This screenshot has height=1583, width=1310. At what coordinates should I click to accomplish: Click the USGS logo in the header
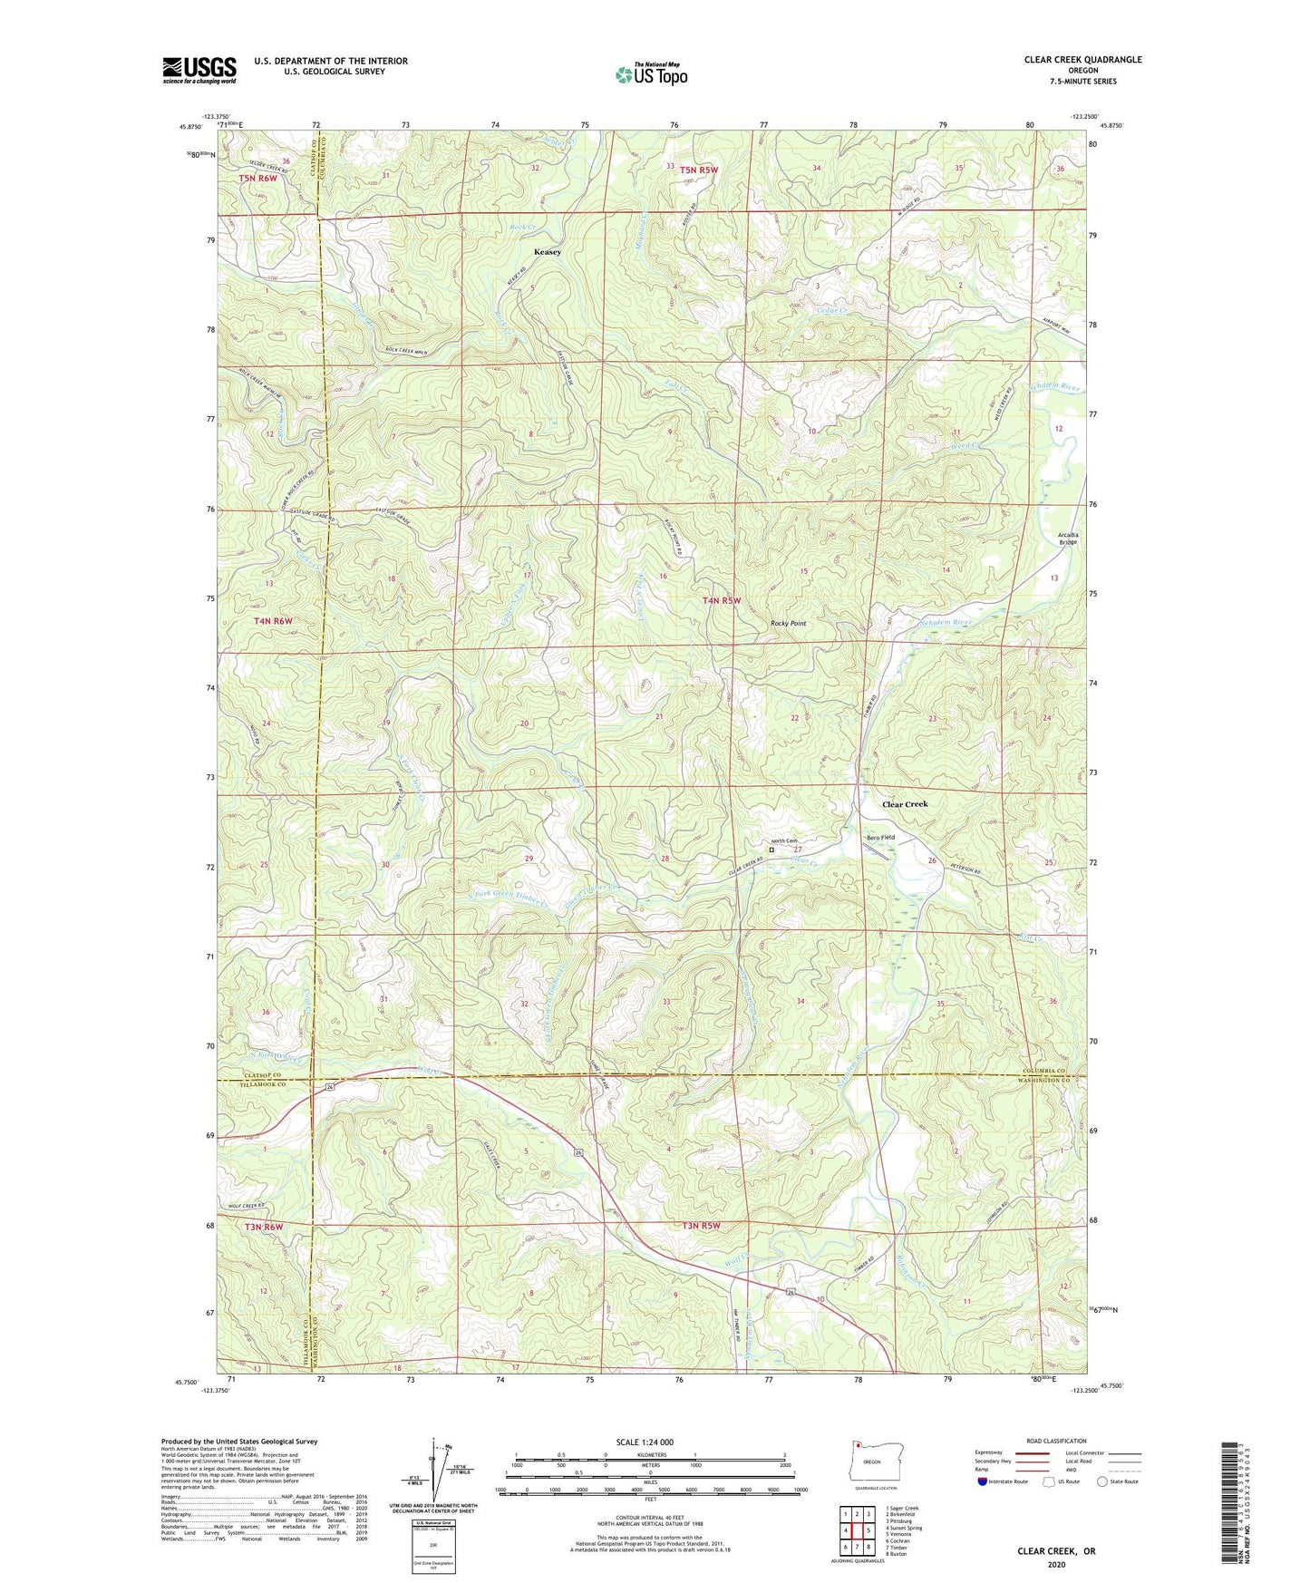(199, 70)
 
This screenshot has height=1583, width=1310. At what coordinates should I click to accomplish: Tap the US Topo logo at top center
(651, 74)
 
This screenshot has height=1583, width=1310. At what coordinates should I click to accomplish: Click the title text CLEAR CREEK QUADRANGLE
(1082, 60)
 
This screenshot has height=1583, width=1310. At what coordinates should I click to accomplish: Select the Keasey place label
(547, 252)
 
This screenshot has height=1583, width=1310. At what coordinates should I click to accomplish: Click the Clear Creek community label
(905, 804)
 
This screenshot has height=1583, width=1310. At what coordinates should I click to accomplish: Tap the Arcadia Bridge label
(1067, 539)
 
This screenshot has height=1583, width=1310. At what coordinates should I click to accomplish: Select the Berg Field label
(880, 837)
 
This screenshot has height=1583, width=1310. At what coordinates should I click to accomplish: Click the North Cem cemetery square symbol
(771, 850)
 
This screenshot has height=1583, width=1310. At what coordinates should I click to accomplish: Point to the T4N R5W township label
(722, 600)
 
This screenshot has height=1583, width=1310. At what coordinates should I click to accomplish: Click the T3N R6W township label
(263, 1227)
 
